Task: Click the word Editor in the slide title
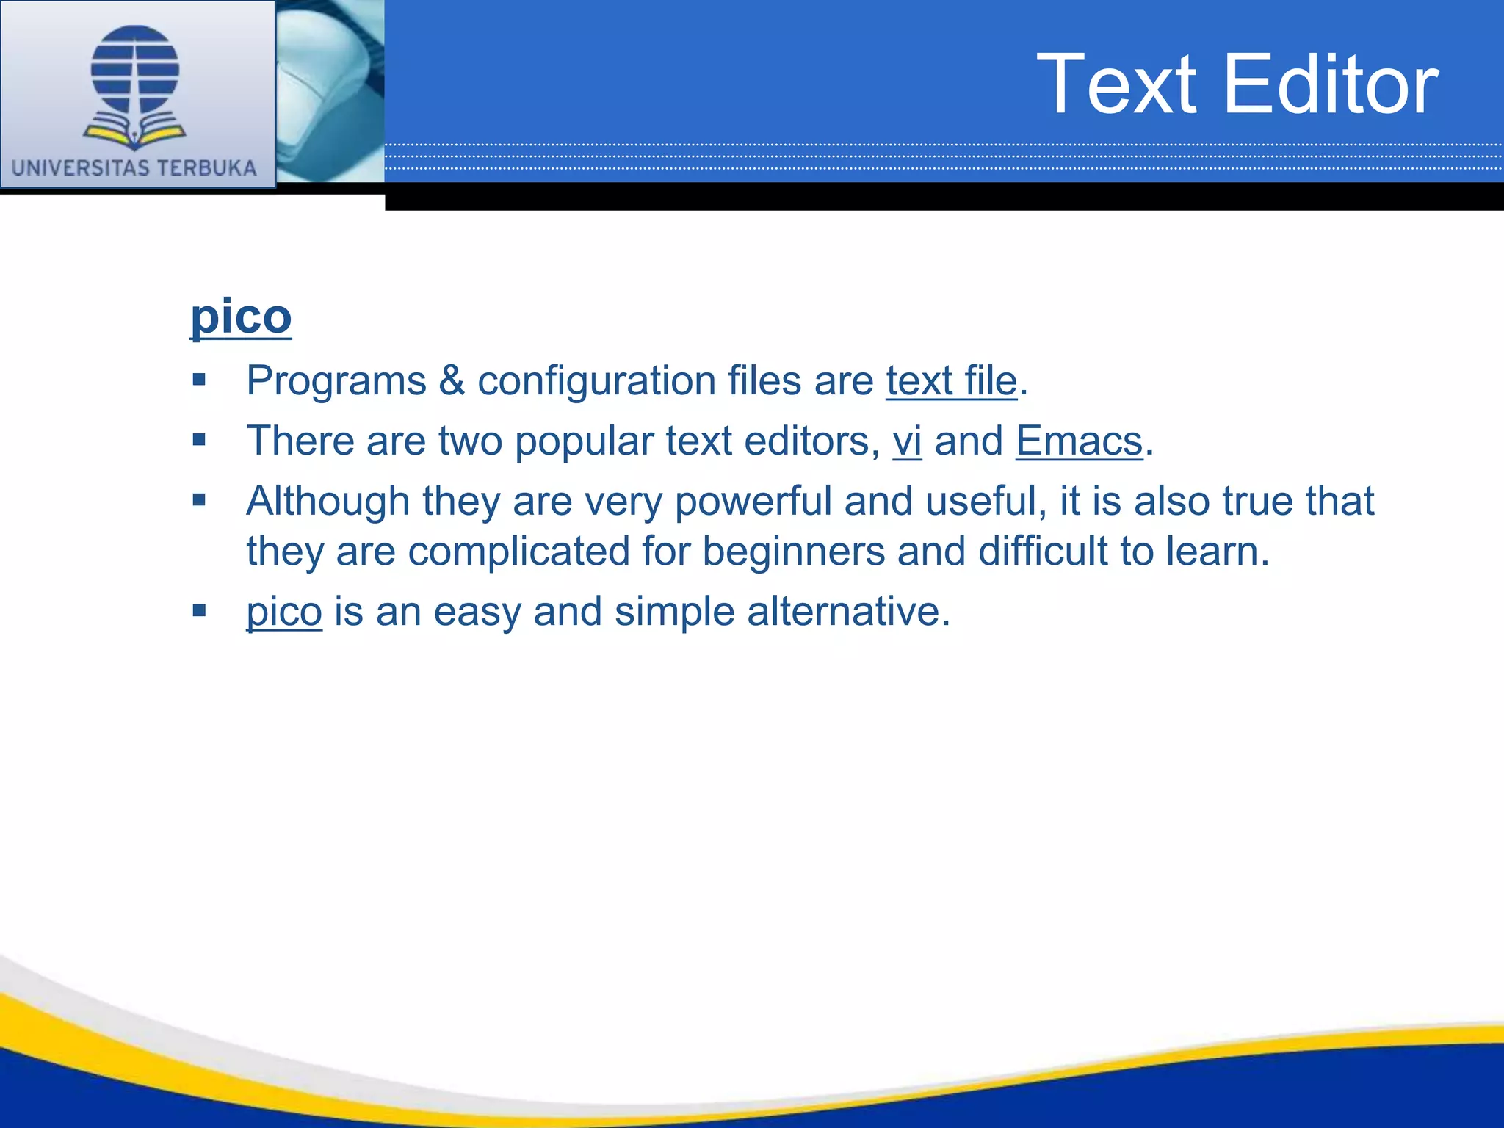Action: click(x=1330, y=84)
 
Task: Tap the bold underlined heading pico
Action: click(x=241, y=317)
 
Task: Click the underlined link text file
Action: click(x=951, y=381)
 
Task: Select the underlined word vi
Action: click(x=907, y=441)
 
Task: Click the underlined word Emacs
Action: click(x=1079, y=441)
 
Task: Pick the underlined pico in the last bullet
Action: click(x=284, y=612)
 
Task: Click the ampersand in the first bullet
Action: click(x=452, y=381)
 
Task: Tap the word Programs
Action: click(x=336, y=381)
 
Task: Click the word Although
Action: click(x=328, y=501)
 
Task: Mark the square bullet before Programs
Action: click(x=199, y=380)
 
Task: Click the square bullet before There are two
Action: click(x=199, y=440)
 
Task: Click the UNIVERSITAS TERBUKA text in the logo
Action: click(x=134, y=168)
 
